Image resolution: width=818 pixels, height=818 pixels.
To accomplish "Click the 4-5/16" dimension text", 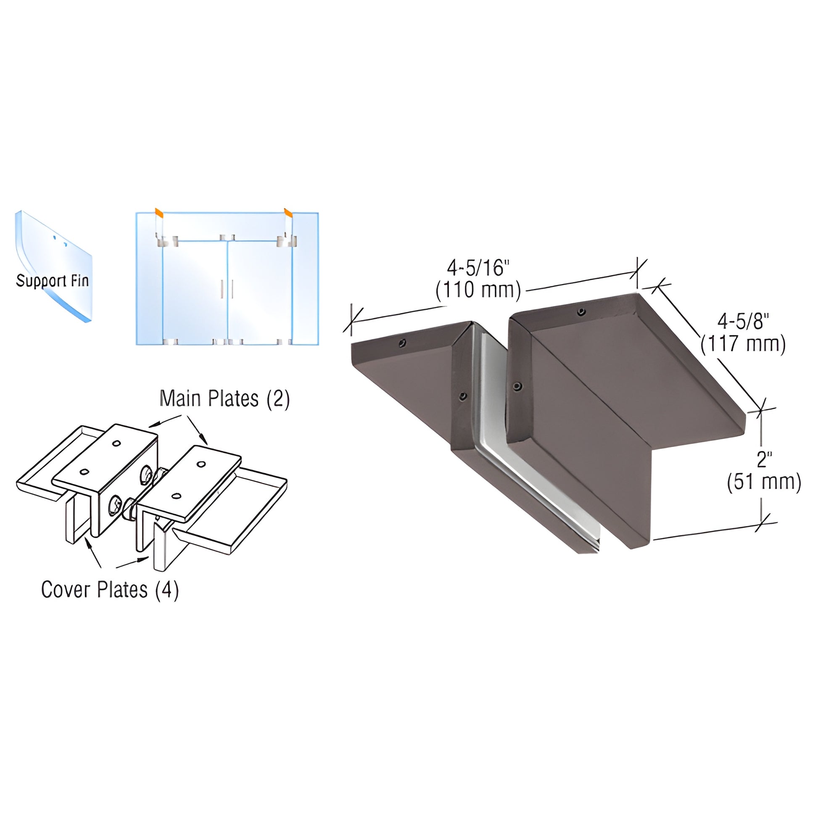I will pyautogui.click(x=478, y=268).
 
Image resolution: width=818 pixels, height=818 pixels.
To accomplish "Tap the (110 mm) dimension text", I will pyautogui.click(x=478, y=290).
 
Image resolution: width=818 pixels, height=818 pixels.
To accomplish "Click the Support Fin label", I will pyautogui.click(x=53, y=281).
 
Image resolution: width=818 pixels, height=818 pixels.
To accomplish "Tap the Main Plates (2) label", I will pyautogui.click(x=224, y=399).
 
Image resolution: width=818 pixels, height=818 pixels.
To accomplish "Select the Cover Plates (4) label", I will pyautogui.click(x=110, y=589).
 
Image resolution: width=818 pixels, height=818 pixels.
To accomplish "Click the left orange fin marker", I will pyautogui.click(x=158, y=212).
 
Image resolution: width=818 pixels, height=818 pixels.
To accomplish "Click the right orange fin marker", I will pyautogui.click(x=288, y=212).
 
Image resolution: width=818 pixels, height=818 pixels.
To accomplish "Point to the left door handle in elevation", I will pyautogui.click(x=222, y=289).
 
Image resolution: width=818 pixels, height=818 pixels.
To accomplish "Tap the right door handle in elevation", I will pyautogui.click(x=232, y=289).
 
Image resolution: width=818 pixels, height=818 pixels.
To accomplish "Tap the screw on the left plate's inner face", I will pyautogui.click(x=463, y=396).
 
